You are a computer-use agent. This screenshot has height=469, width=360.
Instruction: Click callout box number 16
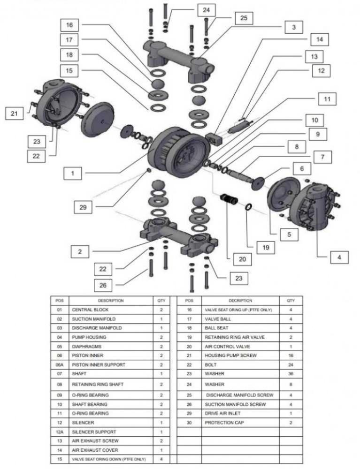coord(69,25)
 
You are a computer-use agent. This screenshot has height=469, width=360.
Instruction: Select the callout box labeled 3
coord(293,27)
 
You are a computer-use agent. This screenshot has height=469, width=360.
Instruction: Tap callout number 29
coord(83,206)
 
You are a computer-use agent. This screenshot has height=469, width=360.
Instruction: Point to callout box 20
coord(242,258)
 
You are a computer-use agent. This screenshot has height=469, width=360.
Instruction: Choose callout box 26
coord(102,284)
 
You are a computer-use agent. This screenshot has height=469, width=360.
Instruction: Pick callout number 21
coord(14,114)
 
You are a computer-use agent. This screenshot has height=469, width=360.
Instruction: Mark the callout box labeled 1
coord(73,173)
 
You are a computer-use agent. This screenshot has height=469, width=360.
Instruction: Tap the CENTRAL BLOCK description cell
coord(90,310)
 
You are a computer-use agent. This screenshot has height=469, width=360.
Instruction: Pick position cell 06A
coord(60,364)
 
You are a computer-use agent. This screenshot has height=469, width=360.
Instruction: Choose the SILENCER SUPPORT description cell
coord(94,431)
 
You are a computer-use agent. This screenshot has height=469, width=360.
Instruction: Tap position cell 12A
coord(60,431)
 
